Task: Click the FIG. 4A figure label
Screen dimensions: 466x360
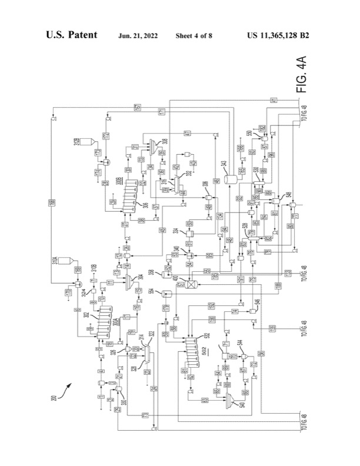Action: click(301, 75)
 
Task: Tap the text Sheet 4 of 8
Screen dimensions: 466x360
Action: click(194, 36)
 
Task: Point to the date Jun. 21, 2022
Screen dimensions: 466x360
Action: click(138, 36)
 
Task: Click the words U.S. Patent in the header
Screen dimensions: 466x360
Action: click(72, 35)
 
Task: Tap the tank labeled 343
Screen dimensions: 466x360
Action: click(231, 176)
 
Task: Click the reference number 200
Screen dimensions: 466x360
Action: click(54, 397)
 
